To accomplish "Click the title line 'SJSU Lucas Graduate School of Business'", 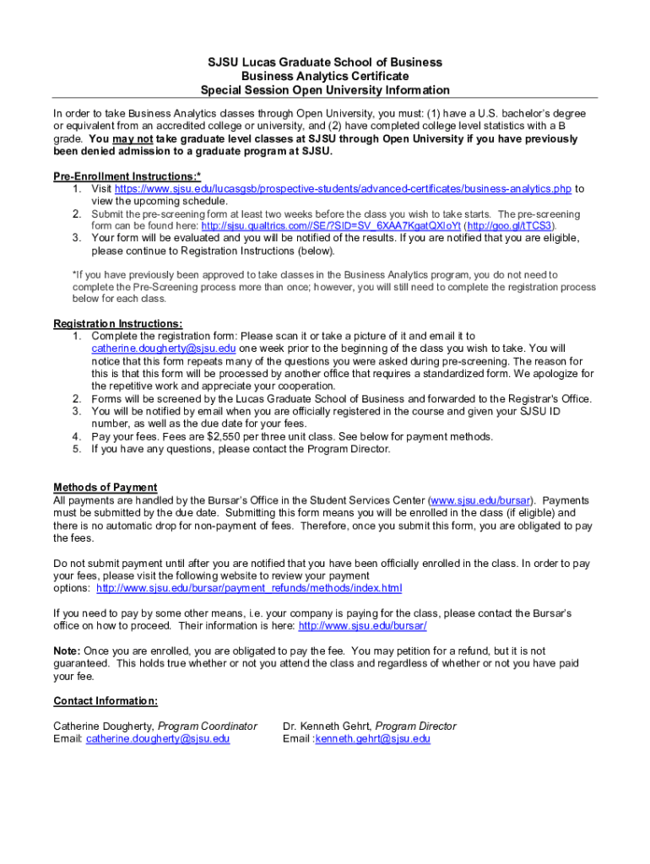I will (x=325, y=62).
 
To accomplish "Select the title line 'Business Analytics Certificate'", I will (x=325, y=76).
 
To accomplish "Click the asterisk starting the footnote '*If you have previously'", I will (x=74, y=275).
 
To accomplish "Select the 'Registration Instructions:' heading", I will (x=117, y=324).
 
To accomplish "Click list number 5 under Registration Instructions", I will (x=76, y=449).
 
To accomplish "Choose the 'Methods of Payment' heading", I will (x=106, y=488).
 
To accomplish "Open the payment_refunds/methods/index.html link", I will (x=249, y=587).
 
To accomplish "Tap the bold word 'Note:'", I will (x=67, y=651).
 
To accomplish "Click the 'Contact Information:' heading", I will (x=106, y=701).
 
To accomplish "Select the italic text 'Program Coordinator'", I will (x=208, y=726).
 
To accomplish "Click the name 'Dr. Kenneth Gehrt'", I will (x=327, y=726).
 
